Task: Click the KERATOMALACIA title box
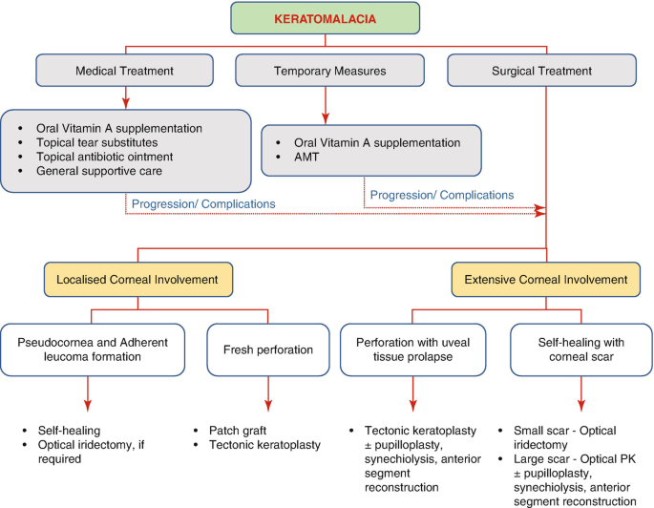point(325,18)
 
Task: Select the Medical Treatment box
point(124,71)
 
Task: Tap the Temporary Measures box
point(329,71)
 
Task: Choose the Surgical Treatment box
point(541,71)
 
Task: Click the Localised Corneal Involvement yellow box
point(138,280)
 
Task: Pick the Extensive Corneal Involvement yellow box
point(545,280)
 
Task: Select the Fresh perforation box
point(268,349)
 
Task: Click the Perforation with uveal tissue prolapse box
point(412,349)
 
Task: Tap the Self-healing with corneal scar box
point(581,349)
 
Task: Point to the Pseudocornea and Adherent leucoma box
point(93,349)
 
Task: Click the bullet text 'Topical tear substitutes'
point(96,142)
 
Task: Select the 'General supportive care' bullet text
point(99,171)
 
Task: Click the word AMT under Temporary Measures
point(306,158)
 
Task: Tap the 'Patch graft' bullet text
point(238,431)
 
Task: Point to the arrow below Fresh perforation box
point(268,393)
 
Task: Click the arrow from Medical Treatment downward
point(126,98)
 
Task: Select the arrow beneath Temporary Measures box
point(326,106)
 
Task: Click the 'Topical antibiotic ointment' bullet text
point(104,157)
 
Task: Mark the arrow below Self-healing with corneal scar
point(581,393)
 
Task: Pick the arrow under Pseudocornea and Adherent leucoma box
point(88,393)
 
